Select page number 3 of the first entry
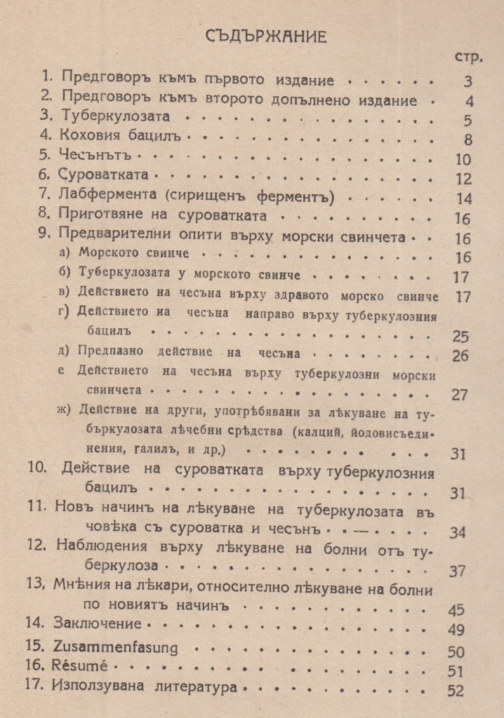pyautogui.click(x=468, y=81)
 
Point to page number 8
pyautogui.click(x=468, y=140)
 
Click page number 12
pyautogui.click(x=463, y=179)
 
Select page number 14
pyautogui.click(x=463, y=199)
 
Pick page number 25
pyautogui.click(x=460, y=337)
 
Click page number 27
pyautogui.click(x=460, y=394)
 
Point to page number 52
pyautogui.click(x=456, y=691)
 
